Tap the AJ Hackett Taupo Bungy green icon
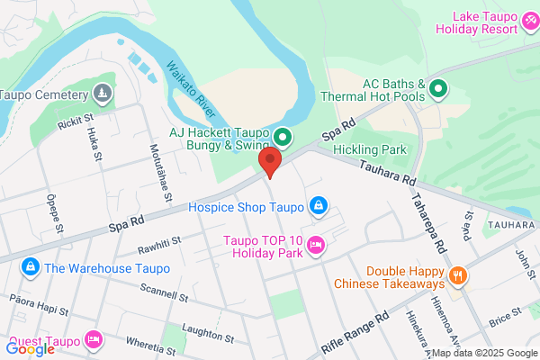pyautogui.click(x=283, y=138)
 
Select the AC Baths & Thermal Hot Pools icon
pyautogui.click(x=438, y=88)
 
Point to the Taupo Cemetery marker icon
pyautogui.click(x=103, y=94)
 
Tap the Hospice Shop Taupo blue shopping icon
pyautogui.click(x=317, y=207)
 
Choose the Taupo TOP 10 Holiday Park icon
pyautogui.click(x=316, y=243)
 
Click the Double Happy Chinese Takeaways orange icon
pyautogui.click(x=458, y=275)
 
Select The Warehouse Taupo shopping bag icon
pyautogui.click(x=31, y=267)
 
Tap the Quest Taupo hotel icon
pyautogui.click(x=92, y=338)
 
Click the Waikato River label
pyautogui.click(x=190, y=88)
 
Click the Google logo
pyautogui.click(x=30, y=349)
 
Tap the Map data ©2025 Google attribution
pyautogui.click(x=482, y=353)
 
